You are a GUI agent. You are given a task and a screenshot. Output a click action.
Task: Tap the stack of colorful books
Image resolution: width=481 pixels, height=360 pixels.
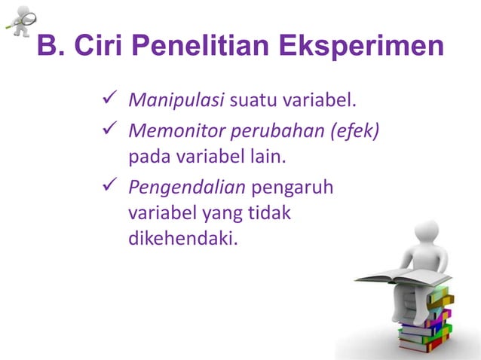coord(426,324)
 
